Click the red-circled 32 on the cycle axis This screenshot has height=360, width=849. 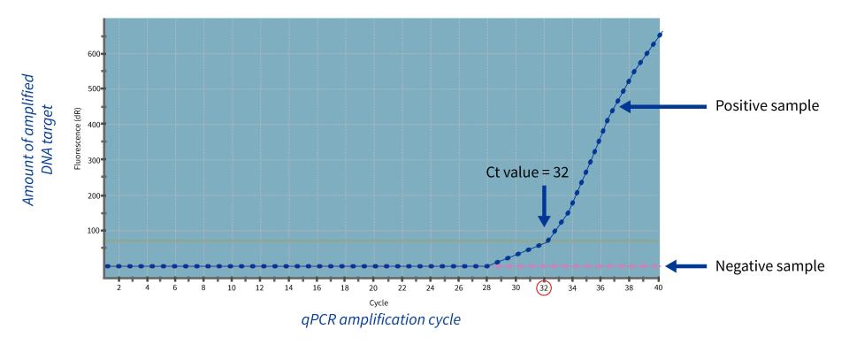[x=544, y=287]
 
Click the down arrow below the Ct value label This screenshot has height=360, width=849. [x=543, y=204]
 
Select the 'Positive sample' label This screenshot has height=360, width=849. [x=768, y=106]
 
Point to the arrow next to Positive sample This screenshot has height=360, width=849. [x=655, y=106]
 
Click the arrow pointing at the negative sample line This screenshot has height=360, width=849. [x=685, y=265]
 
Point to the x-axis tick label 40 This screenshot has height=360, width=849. [x=657, y=287]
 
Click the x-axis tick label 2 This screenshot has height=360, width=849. [x=119, y=287]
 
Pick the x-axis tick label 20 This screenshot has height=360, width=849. [x=373, y=287]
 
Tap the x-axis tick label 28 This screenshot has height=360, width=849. [x=486, y=287]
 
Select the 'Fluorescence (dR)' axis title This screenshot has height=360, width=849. [x=79, y=141]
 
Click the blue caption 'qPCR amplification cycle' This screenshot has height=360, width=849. [x=380, y=319]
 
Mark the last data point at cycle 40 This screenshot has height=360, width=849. [x=660, y=34]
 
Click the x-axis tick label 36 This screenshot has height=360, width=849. [x=600, y=287]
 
